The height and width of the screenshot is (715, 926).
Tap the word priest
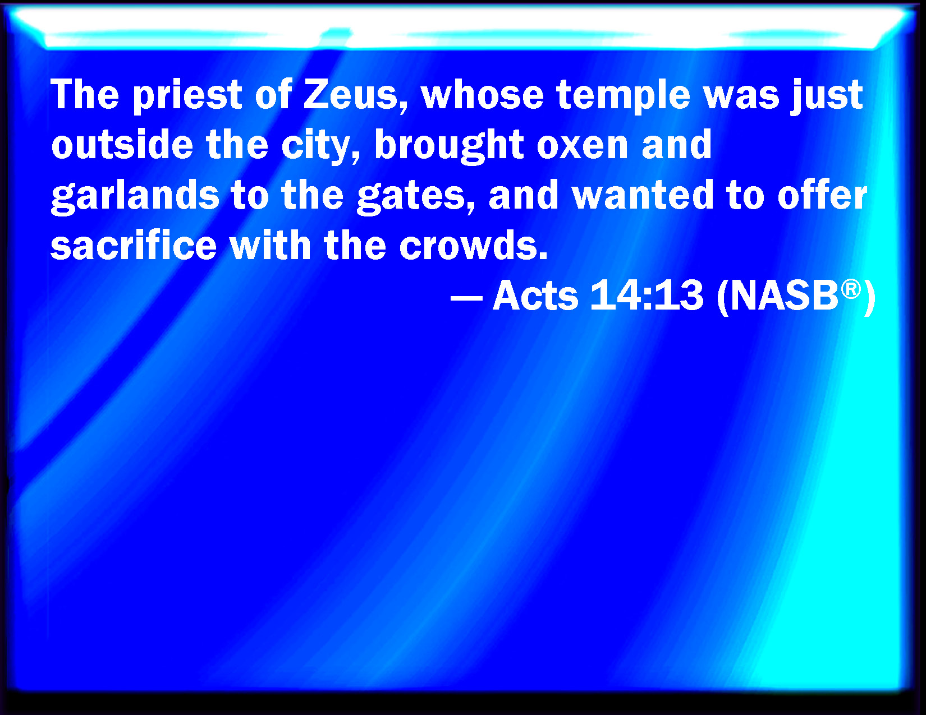click(x=188, y=95)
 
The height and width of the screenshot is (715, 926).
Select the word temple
click(x=623, y=96)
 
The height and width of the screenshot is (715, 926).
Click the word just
click(x=826, y=96)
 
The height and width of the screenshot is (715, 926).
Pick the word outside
click(x=122, y=144)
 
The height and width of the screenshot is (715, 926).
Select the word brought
click(x=449, y=146)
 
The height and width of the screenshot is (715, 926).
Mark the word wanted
click(x=643, y=195)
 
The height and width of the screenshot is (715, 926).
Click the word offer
click(x=822, y=195)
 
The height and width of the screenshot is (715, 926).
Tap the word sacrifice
click(x=134, y=245)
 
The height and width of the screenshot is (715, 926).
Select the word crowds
click(x=473, y=245)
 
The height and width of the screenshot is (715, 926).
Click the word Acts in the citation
click(x=535, y=295)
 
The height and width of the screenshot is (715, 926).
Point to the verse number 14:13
click(x=647, y=295)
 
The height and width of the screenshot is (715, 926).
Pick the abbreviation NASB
click(x=784, y=295)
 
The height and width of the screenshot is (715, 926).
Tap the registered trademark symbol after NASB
click(x=851, y=289)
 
